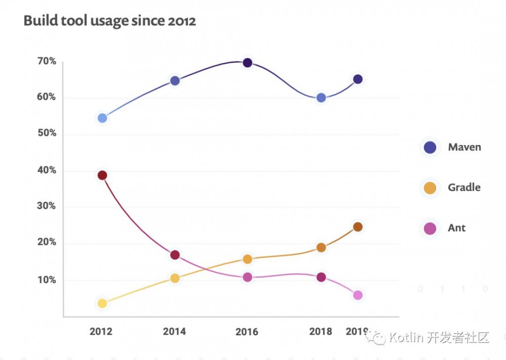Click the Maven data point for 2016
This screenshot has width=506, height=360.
(x=247, y=63)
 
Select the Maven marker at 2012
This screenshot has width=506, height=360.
(x=102, y=118)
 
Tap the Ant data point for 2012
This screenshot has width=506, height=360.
(x=102, y=175)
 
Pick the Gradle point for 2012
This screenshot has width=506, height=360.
(x=102, y=303)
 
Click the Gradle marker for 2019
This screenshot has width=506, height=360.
(x=358, y=227)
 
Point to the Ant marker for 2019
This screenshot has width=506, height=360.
(x=358, y=295)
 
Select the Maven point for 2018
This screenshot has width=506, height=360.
(x=321, y=98)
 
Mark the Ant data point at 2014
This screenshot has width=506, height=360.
(x=175, y=255)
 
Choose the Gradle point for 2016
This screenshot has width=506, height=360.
(x=247, y=259)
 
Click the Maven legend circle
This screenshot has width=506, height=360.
(x=430, y=148)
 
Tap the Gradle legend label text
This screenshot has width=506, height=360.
(x=464, y=188)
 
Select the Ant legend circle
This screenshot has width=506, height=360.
(x=430, y=229)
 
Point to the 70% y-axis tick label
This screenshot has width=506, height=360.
(x=46, y=61)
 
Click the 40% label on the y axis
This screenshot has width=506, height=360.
(x=46, y=170)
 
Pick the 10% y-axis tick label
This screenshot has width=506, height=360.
(x=46, y=280)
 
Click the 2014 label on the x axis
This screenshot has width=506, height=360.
(x=175, y=332)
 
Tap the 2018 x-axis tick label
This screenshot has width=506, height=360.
(x=321, y=332)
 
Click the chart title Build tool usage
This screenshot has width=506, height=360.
(x=109, y=21)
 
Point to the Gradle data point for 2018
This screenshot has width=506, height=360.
(x=321, y=248)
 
